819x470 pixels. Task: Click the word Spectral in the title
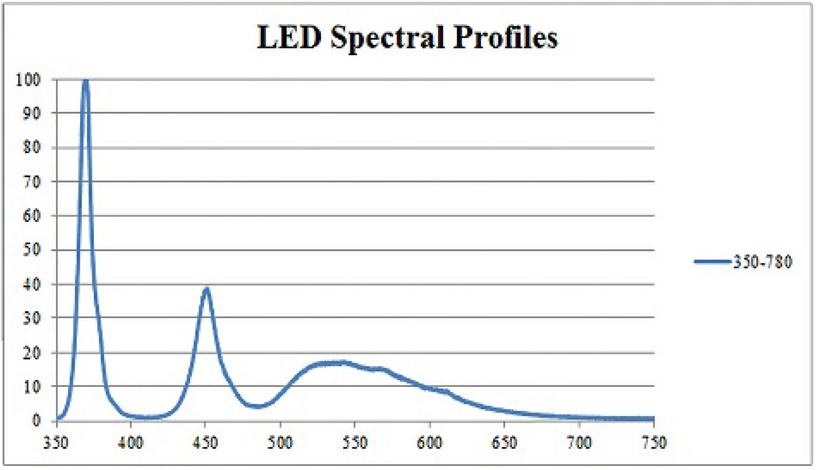coord(387,38)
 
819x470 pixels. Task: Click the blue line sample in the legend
coord(712,262)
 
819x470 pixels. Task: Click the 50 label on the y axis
coord(32,250)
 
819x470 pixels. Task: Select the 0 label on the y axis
coord(37,420)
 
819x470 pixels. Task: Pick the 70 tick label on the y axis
coord(32,182)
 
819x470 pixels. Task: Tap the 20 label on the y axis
coord(32,353)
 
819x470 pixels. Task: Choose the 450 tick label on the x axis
coord(205,442)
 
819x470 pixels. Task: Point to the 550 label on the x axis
coord(355,442)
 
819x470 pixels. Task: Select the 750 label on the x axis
coord(654,442)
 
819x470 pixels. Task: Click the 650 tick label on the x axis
coord(504,442)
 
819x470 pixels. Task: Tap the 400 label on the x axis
coord(130,442)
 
